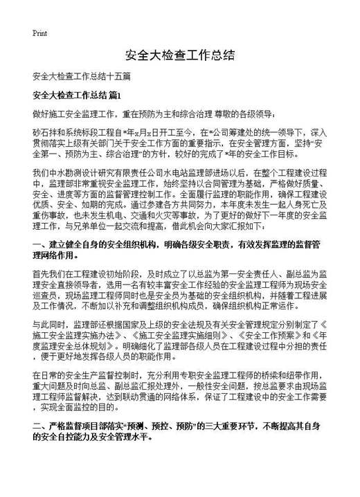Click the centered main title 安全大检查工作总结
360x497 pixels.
(x=179, y=55)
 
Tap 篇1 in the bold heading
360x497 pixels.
(x=115, y=93)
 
